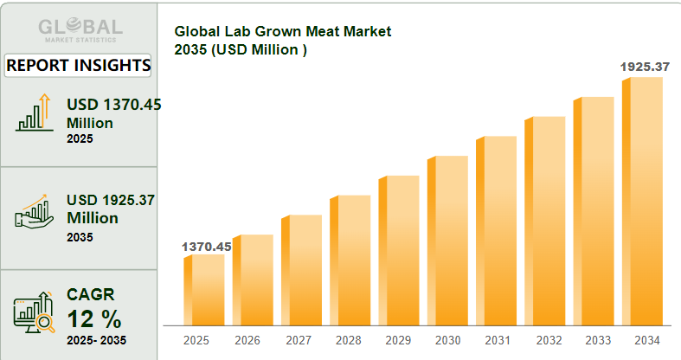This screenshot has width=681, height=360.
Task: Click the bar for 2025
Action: [x=204, y=290]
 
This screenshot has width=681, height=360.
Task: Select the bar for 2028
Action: [x=350, y=260]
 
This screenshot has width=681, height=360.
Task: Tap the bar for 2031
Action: [x=497, y=230]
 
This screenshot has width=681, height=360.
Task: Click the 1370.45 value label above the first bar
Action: [x=206, y=247]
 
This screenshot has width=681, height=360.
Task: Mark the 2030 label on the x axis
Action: [x=448, y=341]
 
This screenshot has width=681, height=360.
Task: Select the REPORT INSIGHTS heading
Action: [x=79, y=65]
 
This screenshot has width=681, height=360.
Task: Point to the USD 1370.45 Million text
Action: [x=113, y=113]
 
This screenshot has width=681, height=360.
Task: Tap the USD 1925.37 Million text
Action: [x=110, y=209]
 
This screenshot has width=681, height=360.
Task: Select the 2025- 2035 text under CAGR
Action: [x=96, y=340]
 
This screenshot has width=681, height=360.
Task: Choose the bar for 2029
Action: [x=400, y=250]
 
